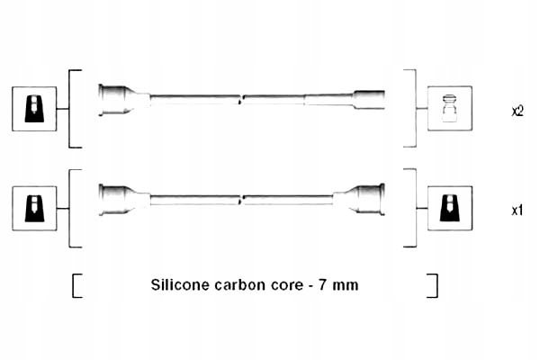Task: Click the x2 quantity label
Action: pos(517,112)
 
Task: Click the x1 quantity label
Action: pos(517,210)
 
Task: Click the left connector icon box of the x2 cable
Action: pos(34,109)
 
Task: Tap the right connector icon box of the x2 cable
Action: pos(449,109)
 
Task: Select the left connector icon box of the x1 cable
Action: pos(34,208)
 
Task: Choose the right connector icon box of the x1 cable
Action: pos(449,208)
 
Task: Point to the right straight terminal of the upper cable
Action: pos(369,99)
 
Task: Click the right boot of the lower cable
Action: pos(364,199)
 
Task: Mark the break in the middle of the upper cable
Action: pos(241,100)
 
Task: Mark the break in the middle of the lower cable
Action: pos(241,200)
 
